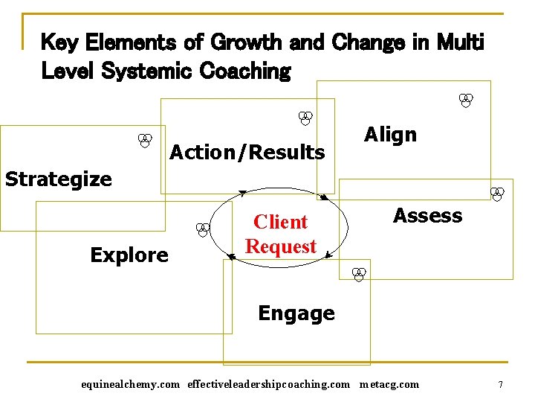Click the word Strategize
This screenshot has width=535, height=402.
click(59, 179)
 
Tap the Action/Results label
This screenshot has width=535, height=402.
click(247, 153)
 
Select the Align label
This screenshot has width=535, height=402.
click(390, 135)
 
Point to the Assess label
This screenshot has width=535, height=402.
click(427, 216)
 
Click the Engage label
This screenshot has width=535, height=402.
click(296, 313)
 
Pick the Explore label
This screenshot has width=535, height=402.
click(129, 255)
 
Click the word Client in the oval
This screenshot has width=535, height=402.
click(280, 222)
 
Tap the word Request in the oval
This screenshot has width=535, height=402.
click(281, 246)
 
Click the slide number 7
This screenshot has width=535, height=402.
click(501, 385)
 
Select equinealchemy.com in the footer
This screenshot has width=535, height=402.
click(130, 385)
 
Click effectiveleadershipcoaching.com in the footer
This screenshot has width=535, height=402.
click(268, 385)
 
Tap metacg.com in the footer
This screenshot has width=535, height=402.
click(389, 385)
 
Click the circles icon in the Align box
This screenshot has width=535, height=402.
click(466, 100)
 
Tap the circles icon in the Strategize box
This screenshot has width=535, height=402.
click(146, 140)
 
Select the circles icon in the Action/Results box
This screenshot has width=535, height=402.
click(305, 118)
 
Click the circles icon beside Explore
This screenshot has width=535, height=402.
click(201, 230)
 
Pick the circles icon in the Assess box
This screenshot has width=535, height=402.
click(498, 194)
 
